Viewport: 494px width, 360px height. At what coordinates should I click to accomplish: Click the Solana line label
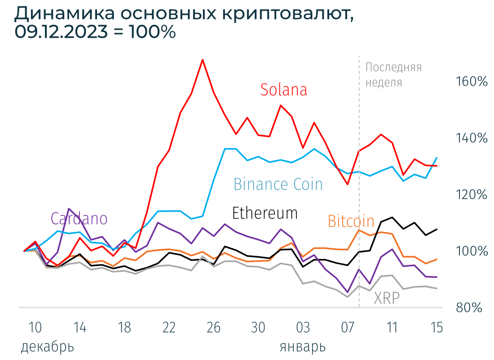point(284,90)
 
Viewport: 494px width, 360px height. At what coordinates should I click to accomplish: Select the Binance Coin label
point(278,184)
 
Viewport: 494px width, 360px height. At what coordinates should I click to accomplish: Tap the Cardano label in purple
point(79,218)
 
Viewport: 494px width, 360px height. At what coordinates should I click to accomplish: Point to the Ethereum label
point(265,213)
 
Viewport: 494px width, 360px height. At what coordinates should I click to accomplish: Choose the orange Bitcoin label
point(351,221)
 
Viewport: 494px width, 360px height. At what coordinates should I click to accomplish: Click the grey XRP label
point(387,298)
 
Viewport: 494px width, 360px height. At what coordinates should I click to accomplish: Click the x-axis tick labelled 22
point(169,328)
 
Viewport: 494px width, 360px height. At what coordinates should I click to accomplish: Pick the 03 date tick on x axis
point(303,328)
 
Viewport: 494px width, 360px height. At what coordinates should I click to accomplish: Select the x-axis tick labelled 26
point(214,328)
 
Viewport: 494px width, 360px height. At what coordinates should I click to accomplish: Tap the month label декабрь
point(47,347)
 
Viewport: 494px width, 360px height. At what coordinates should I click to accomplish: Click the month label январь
point(303,347)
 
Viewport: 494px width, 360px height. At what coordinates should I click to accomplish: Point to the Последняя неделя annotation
point(393,75)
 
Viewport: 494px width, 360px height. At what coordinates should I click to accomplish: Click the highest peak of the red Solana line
point(203,60)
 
